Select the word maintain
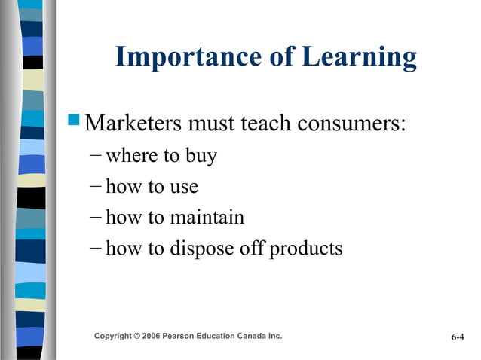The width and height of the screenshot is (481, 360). click(207, 218)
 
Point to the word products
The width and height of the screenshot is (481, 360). click(305, 249)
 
